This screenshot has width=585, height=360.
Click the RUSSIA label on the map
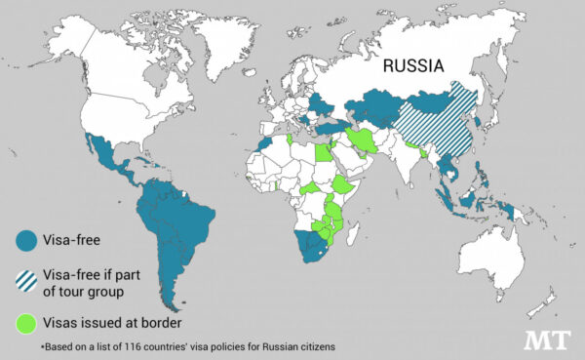coord(413,66)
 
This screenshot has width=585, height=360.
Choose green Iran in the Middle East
coord(362,142)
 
